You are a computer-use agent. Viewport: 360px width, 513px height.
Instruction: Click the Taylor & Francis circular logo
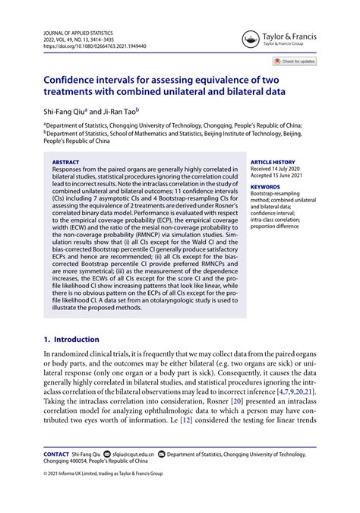point(248,40)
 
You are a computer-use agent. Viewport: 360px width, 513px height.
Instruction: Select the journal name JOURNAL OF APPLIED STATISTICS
point(79,33)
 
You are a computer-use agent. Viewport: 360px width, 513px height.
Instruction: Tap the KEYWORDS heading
point(265,187)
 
